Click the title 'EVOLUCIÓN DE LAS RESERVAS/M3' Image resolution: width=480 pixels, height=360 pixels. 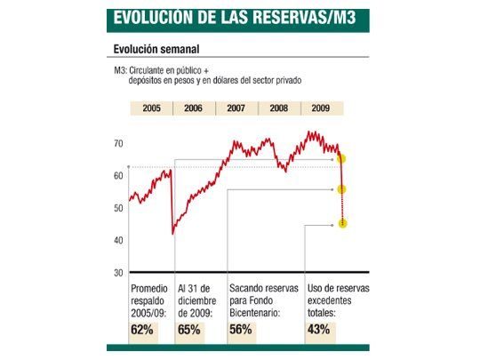(x=229, y=18)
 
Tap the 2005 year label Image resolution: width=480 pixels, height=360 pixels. (x=150, y=108)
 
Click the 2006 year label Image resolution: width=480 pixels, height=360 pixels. (x=193, y=108)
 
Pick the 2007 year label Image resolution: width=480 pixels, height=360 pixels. (x=236, y=108)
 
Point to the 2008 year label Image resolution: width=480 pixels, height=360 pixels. (x=279, y=108)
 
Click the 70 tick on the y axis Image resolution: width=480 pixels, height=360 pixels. (x=118, y=143)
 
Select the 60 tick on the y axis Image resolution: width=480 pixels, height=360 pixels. (x=118, y=176)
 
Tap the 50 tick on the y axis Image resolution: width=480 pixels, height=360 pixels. (x=118, y=208)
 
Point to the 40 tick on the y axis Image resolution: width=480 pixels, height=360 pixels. (x=118, y=240)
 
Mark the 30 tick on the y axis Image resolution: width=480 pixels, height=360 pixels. (x=118, y=272)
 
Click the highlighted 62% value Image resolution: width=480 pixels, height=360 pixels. (x=142, y=329)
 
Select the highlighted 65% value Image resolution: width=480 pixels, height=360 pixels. (x=189, y=329)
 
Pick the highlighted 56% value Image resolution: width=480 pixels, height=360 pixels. (x=241, y=329)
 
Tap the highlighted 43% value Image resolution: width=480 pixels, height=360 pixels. (x=319, y=329)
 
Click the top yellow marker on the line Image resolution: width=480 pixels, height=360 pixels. (x=342, y=159)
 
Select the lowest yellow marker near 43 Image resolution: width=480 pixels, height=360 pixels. (x=342, y=224)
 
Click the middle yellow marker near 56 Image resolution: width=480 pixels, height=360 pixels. (x=342, y=189)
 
